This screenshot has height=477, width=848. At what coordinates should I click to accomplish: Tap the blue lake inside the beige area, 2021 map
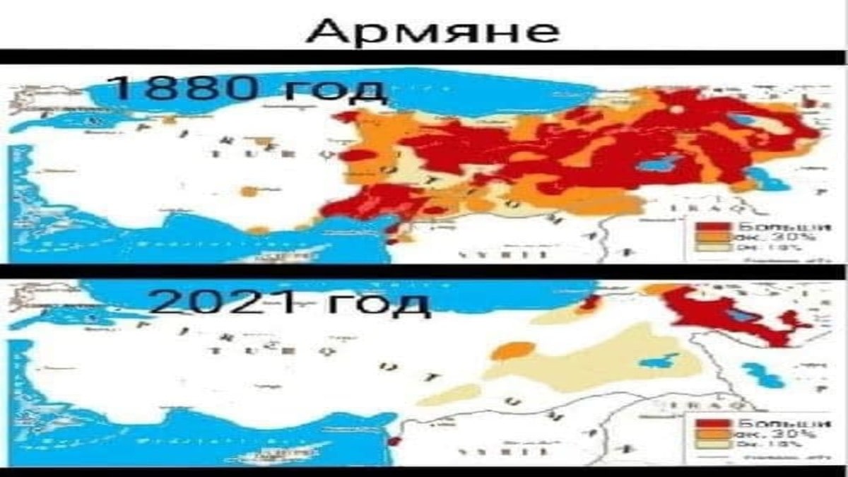pyautogui.click(x=657, y=361)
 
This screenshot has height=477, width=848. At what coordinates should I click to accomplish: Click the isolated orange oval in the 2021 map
pyautogui.click(x=514, y=350)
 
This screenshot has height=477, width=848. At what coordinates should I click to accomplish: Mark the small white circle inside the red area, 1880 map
pyautogui.click(x=676, y=110)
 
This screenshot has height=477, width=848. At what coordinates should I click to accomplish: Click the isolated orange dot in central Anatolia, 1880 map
pyautogui.click(x=248, y=191)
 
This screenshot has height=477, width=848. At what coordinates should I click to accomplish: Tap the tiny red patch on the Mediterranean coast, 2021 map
pyautogui.click(x=395, y=442)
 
